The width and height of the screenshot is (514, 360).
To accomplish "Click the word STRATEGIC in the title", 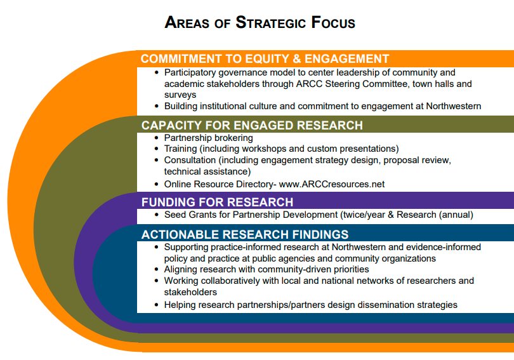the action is click(270, 23).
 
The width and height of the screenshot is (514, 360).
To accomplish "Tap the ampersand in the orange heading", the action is click(297, 58).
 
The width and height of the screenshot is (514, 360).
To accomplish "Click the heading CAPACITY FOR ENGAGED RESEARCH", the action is click(252, 125).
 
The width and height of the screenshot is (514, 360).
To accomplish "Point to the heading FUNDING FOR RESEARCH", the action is click(217, 202).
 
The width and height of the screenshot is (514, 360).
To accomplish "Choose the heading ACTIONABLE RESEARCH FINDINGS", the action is click(245, 234).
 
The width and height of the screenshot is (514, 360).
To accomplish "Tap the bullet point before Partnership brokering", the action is click(156, 138).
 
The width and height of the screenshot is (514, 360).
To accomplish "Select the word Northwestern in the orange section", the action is click(453, 106).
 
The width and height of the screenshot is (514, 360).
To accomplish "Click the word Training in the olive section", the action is click(180, 149).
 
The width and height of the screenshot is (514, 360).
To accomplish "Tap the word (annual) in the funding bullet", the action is click(456, 215).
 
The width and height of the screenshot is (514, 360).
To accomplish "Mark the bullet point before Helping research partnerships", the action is click(156, 305).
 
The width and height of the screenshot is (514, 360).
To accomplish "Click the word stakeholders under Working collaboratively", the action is click(190, 292).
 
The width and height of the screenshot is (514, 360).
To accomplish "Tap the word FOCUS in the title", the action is click(333, 23).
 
